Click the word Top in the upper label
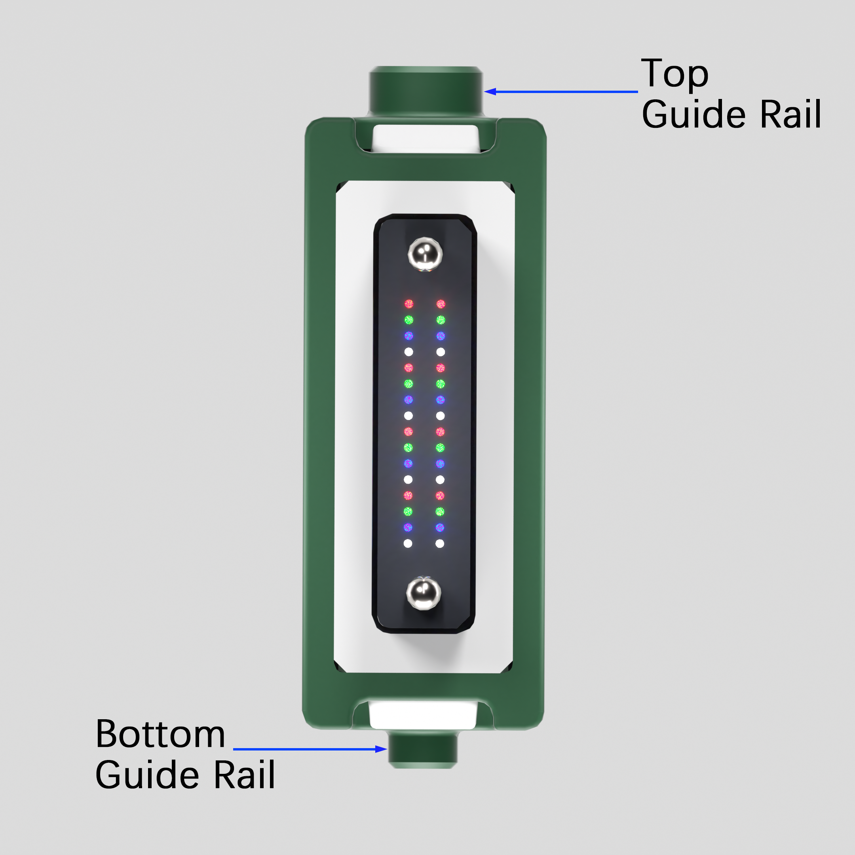(674, 74)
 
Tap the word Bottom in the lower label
(160, 735)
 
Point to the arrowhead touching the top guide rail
(490, 91)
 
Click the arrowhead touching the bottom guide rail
(381, 749)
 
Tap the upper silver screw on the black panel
(425, 255)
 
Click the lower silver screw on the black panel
(424, 593)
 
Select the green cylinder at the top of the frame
(426, 91)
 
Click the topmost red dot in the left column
(409, 304)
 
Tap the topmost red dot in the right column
(441, 304)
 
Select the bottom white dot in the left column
(408, 543)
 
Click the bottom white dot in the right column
(440, 543)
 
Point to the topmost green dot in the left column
(409, 319)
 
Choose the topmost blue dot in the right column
(441, 336)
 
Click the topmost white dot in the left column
(409, 352)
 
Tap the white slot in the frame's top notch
(426, 139)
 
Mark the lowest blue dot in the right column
(440, 528)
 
